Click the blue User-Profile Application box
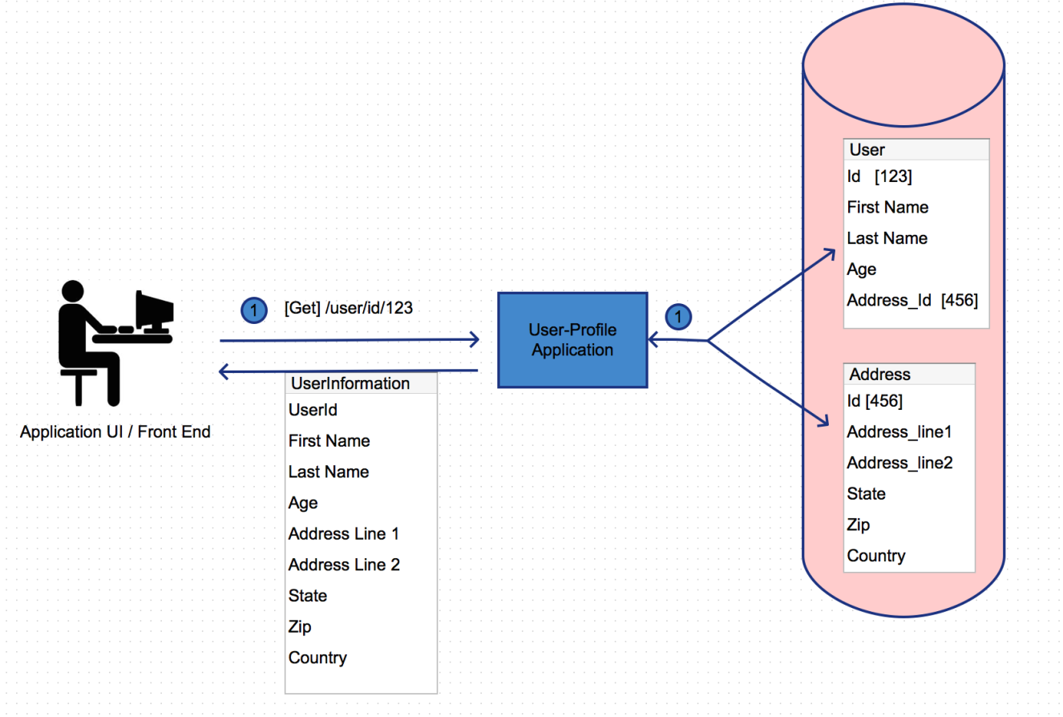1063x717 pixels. [x=572, y=340]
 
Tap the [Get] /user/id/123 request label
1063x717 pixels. [x=349, y=308]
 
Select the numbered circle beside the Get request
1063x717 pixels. [x=254, y=310]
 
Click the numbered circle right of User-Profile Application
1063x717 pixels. [x=678, y=317]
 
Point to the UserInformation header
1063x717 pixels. [x=350, y=383]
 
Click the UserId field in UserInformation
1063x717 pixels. [x=313, y=410]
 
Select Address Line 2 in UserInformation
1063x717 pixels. [x=344, y=565]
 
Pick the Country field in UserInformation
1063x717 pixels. [x=317, y=658]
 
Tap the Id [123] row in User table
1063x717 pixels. [x=879, y=176]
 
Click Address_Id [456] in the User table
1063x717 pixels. [x=912, y=300]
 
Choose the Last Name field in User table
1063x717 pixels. [x=887, y=238]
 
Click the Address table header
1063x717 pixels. [x=880, y=375]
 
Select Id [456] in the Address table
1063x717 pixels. [x=875, y=401]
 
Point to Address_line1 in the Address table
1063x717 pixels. [x=899, y=432]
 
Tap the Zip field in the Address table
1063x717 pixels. [x=859, y=525]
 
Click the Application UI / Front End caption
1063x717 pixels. [x=115, y=431]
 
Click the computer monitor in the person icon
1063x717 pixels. [x=155, y=311]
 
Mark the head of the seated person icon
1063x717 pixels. [x=72, y=290]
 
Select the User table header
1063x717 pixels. [x=867, y=149]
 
